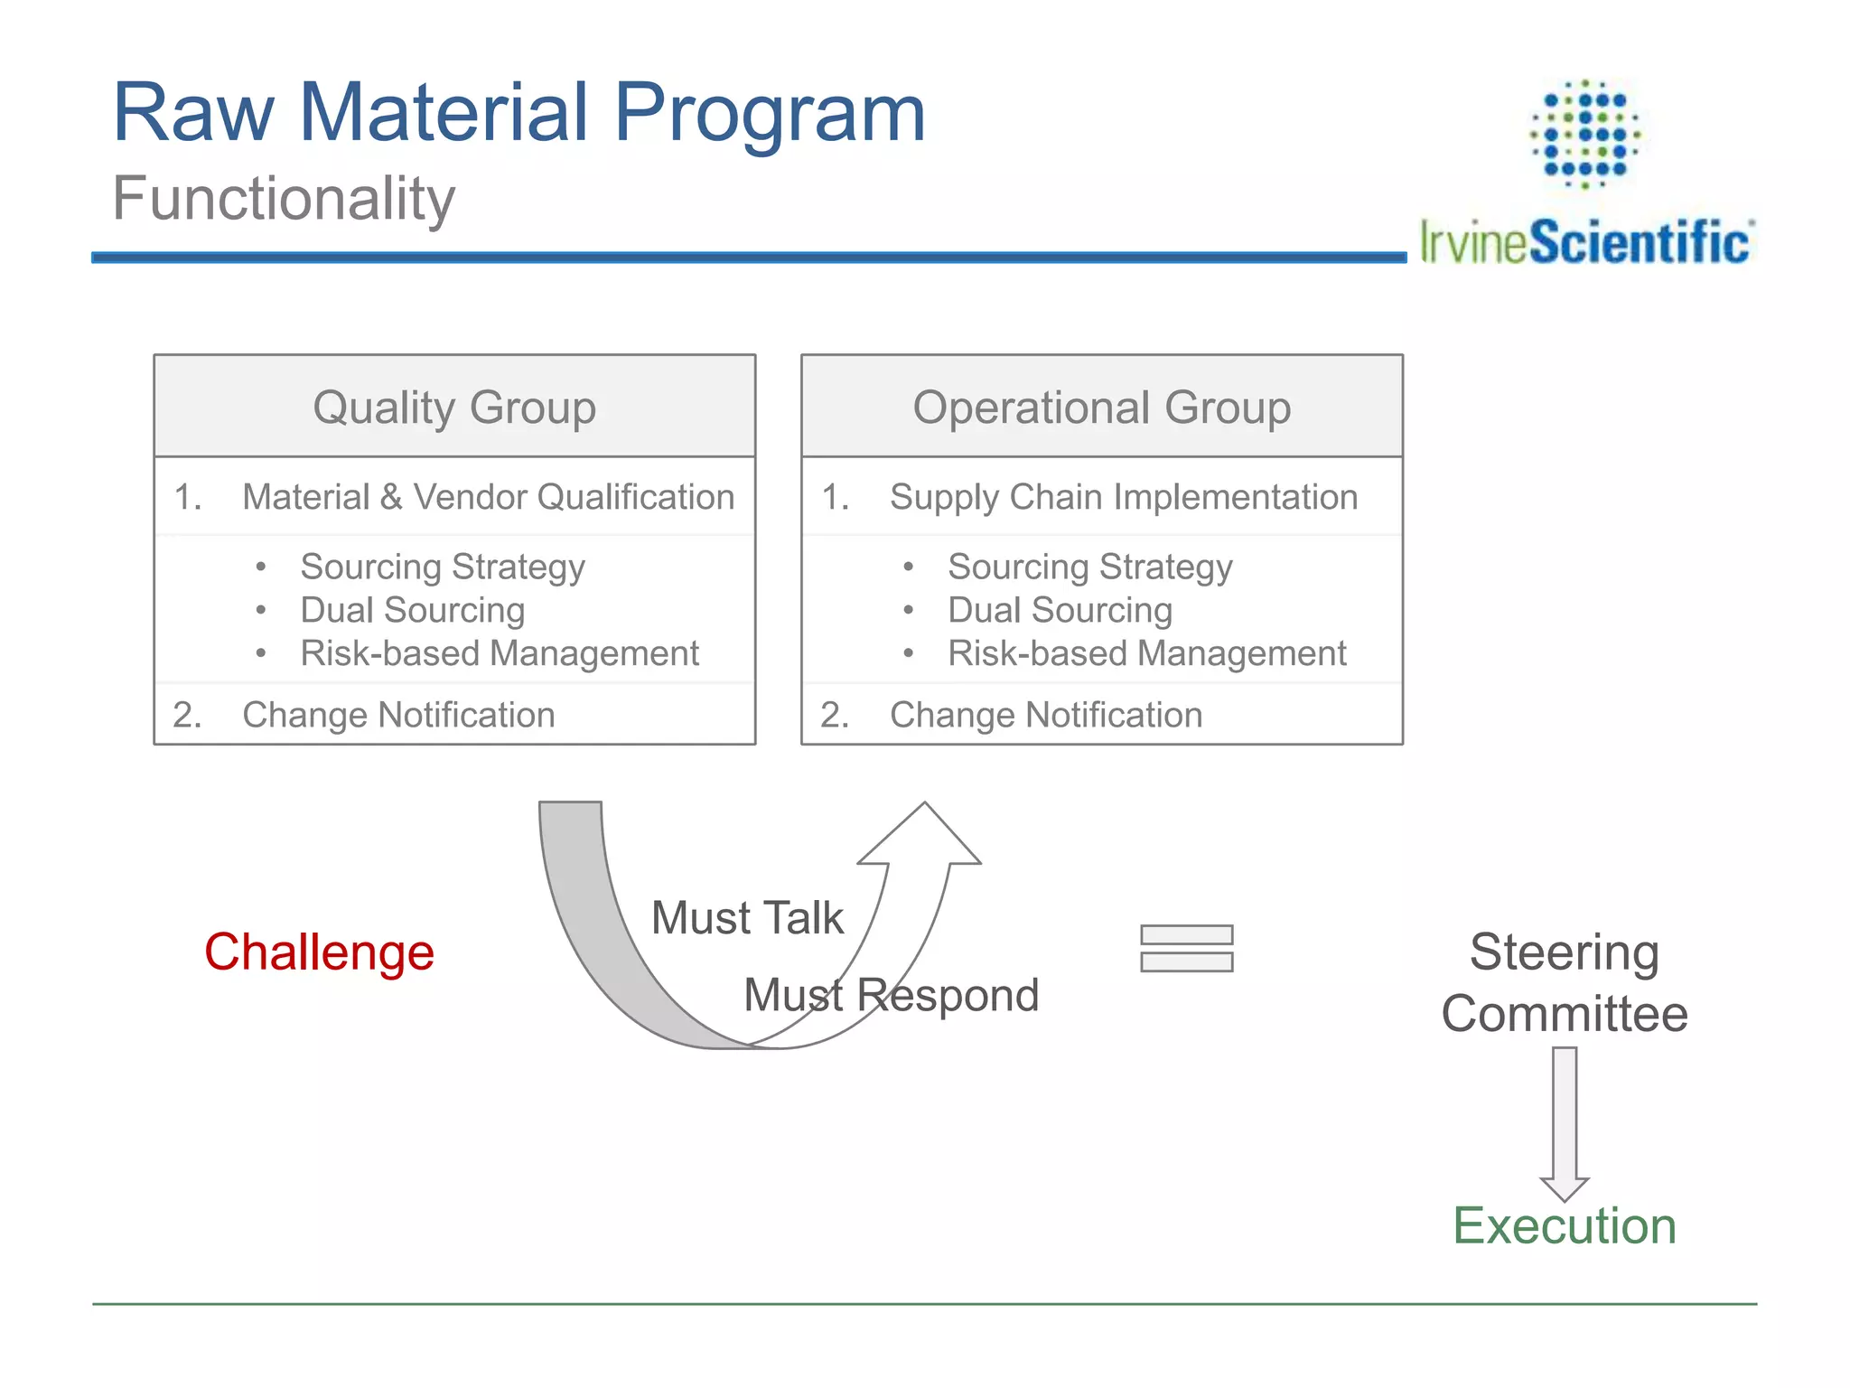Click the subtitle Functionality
point(284,199)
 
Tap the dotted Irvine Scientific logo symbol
point(1584,134)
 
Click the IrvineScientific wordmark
point(1586,242)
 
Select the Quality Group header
point(454,407)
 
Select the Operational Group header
point(1101,407)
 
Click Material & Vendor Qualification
point(488,497)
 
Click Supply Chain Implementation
point(1123,497)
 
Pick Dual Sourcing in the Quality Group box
point(413,610)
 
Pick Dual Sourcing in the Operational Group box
point(1060,610)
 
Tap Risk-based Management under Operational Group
point(1146,653)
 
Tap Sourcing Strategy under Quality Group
point(443,567)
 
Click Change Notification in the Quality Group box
point(398,715)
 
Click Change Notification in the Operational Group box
point(1045,715)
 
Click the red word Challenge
point(319,952)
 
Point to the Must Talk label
point(747,918)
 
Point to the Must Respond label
point(891,995)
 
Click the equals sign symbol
point(1186,948)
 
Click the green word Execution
point(1564,1226)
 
